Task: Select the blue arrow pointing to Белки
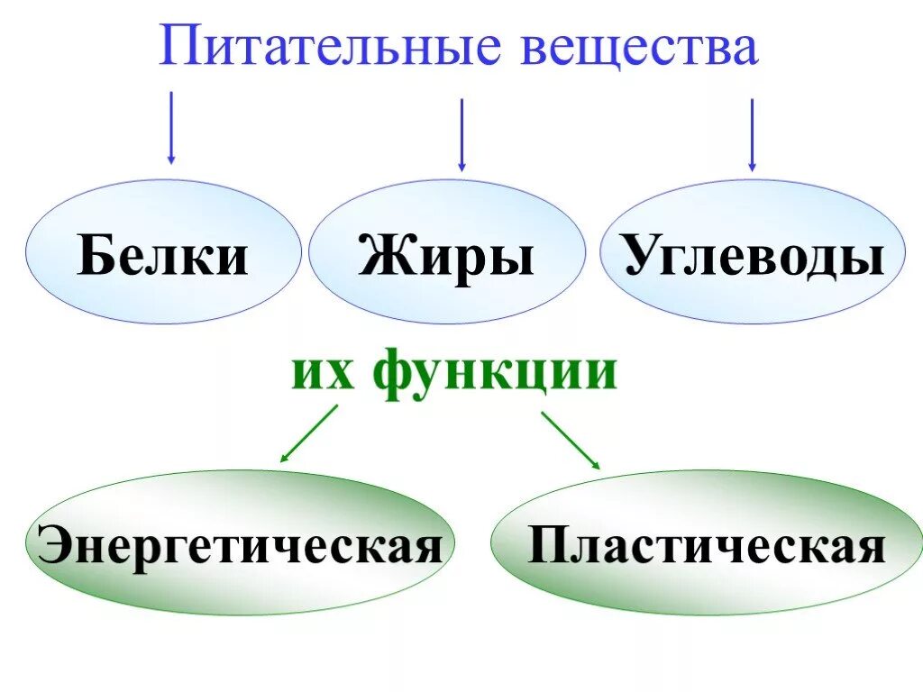coord(171,127)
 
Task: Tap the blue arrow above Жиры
coord(461,134)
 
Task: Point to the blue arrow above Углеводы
coord(752,134)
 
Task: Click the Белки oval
coord(162,252)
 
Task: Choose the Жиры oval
coord(447,252)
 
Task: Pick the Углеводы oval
coord(753,252)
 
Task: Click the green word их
coord(324,371)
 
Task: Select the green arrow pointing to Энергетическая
coord(308,434)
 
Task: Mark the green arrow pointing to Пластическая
coord(571,440)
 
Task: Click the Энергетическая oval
coord(241,543)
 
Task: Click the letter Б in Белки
coord(96,256)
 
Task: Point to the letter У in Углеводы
coord(641,256)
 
